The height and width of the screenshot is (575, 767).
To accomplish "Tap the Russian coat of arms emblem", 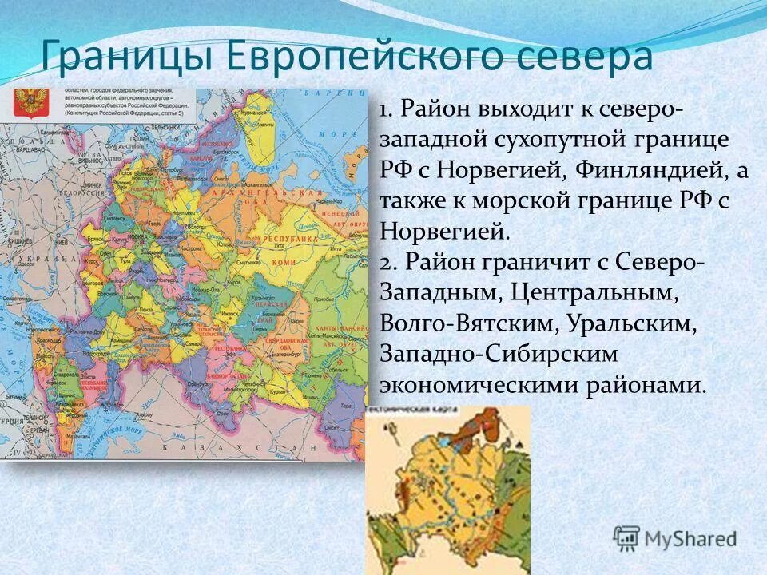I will coord(30,103).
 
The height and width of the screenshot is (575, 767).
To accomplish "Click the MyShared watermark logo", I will coord(675,538).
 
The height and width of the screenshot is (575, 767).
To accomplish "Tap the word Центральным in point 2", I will coord(590,293).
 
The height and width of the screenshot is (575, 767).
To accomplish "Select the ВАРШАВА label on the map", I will coord(24,149).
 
